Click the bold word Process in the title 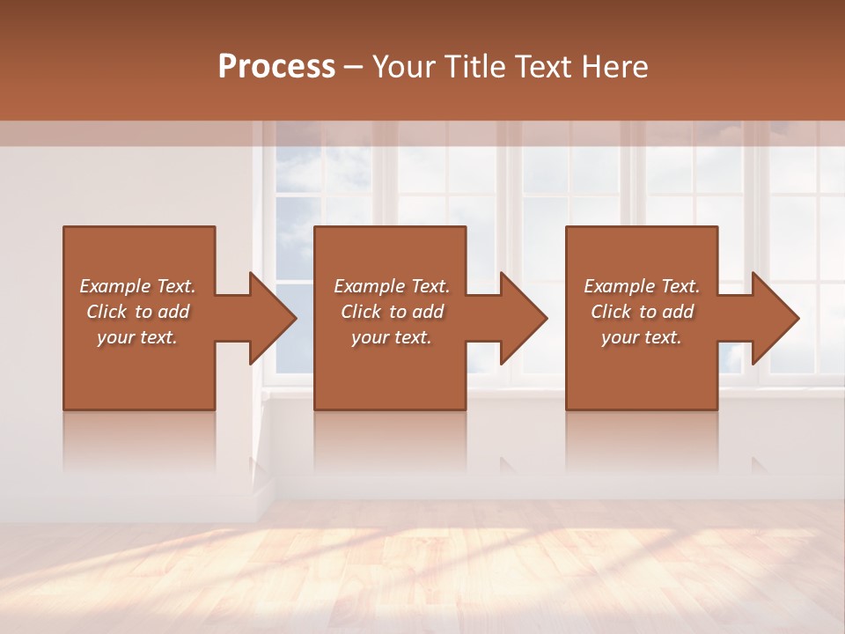coord(276,67)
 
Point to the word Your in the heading coord(407,67)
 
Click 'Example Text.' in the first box coord(137,286)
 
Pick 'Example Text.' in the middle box coord(392,286)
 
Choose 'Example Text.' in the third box coord(642,286)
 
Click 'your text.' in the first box coord(137,337)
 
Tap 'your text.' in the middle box coord(392,337)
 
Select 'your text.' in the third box coord(642,337)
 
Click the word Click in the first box coord(106,312)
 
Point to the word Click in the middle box coord(360,312)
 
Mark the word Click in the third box coord(611,312)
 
